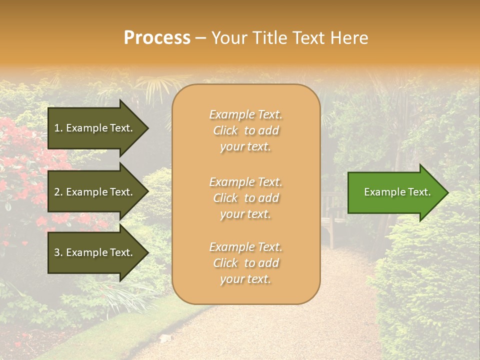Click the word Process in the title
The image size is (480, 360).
(x=157, y=38)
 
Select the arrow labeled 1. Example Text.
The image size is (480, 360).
(x=95, y=128)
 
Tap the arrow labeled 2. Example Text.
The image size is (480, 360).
(x=95, y=192)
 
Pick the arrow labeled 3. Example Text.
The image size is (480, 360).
(x=95, y=252)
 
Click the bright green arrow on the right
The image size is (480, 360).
(x=395, y=192)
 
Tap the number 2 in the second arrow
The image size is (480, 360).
(x=57, y=192)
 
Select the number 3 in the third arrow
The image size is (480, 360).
(x=57, y=252)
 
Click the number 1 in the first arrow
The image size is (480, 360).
(x=56, y=128)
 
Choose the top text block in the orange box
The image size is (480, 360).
(x=245, y=130)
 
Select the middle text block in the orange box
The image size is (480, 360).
(x=245, y=198)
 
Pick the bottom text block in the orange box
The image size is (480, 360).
(x=245, y=263)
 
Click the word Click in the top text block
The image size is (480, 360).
(x=225, y=130)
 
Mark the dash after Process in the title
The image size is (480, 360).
(x=201, y=38)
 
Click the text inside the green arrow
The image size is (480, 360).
(x=397, y=192)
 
